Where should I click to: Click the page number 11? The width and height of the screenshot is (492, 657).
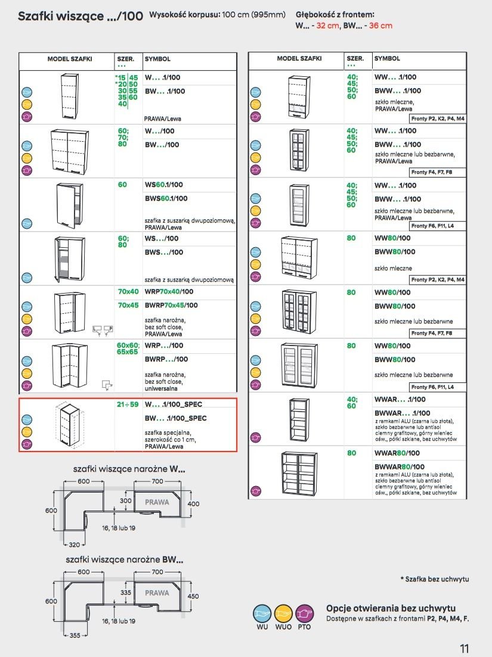pyautogui.click(x=465, y=648)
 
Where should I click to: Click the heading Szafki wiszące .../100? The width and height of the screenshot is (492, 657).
pyautogui.click(x=80, y=16)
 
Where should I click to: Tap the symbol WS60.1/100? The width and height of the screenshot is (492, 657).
pyautogui.click(x=164, y=185)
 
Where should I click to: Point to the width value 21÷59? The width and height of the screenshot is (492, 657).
pyautogui.click(x=127, y=404)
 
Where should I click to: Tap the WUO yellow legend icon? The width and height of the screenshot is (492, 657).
pyautogui.click(x=283, y=613)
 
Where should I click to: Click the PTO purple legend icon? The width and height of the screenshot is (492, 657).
pyautogui.click(x=304, y=613)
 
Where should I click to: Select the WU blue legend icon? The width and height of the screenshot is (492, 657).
pyautogui.click(x=262, y=613)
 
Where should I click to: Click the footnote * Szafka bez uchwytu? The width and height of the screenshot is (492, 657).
pyautogui.click(x=434, y=579)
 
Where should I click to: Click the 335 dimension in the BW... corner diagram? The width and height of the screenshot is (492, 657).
pyautogui.click(x=125, y=593)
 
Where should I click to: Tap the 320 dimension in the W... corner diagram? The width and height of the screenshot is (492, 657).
pyautogui.click(x=74, y=544)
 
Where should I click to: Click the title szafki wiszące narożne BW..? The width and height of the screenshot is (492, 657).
pyautogui.click(x=124, y=560)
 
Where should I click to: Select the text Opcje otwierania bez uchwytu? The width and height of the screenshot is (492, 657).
pyautogui.click(x=391, y=608)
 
